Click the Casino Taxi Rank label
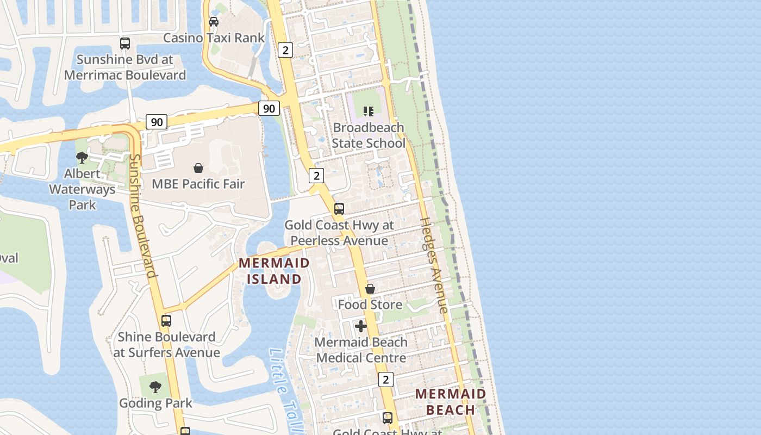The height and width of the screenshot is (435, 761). pyautogui.click(x=214, y=38)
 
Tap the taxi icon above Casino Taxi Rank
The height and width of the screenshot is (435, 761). pyautogui.click(x=214, y=22)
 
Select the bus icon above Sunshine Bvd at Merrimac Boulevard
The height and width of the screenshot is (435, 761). pyautogui.click(x=125, y=43)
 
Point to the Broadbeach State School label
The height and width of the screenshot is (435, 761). pyautogui.click(x=369, y=135)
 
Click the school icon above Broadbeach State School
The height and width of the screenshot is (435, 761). pyautogui.click(x=369, y=111)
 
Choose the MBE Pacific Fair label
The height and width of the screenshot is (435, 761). pyautogui.click(x=198, y=184)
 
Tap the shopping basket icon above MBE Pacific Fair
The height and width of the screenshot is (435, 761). pyautogui.click(x=198, y=168)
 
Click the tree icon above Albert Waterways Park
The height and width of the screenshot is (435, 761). pyautogui.click(x=82, y=158)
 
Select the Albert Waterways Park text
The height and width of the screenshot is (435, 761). pyautogui.click(x=82, y=189)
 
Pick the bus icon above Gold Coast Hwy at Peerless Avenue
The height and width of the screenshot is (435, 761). pyautogui.click(x=339, y=209)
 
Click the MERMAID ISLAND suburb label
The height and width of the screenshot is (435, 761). pyautogui.click(x=275, y=271)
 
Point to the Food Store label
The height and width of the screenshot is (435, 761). pyautogui.click(x=370, y=304)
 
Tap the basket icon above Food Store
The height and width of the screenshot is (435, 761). pyautogui.click(x=370, y=289)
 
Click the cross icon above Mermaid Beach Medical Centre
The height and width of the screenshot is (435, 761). pyautogui.click(x=361, y=326)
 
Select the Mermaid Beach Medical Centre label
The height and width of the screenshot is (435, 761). pyautogui.click(x=361, y=350)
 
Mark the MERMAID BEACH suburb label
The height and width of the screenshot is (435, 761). pyautogui.click(x=451, y=401)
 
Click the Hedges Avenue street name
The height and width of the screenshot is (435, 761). pyautogui.click(x=434, y=265)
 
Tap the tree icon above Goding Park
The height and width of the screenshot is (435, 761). pyautogui.click(x=155, y=387)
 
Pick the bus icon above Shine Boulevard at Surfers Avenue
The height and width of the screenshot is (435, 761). pyautogui.click(x=166, y=321)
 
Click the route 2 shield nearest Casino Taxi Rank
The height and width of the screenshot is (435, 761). pyautogui.click(x=285, y=50)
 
